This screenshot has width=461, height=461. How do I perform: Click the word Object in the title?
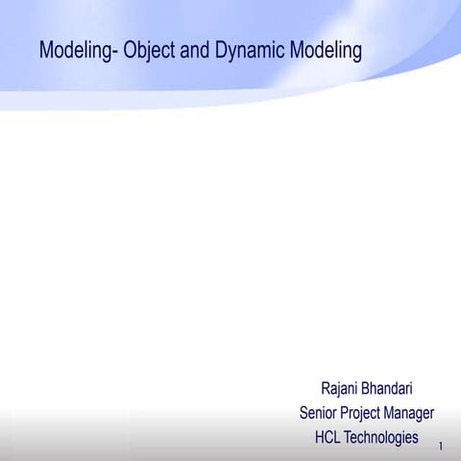(x=151, y=51)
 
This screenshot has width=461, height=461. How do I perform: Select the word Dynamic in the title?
(x=245, y=51)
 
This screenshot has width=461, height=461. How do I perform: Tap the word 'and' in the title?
(x=196, y=50)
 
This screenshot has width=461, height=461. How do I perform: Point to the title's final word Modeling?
(x=326, y=51)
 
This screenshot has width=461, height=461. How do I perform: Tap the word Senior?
(x=319, y=413)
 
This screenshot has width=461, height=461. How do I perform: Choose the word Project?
(x=362, y=414)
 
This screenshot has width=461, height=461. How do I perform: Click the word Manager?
(x=411, y=414)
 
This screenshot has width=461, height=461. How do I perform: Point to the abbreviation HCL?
(x=328, y=437)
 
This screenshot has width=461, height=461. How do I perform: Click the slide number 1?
(x=440, y=447)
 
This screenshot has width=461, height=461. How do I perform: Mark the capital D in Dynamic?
(x=221, y=50)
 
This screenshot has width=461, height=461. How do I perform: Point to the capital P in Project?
(x=346, y=413)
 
